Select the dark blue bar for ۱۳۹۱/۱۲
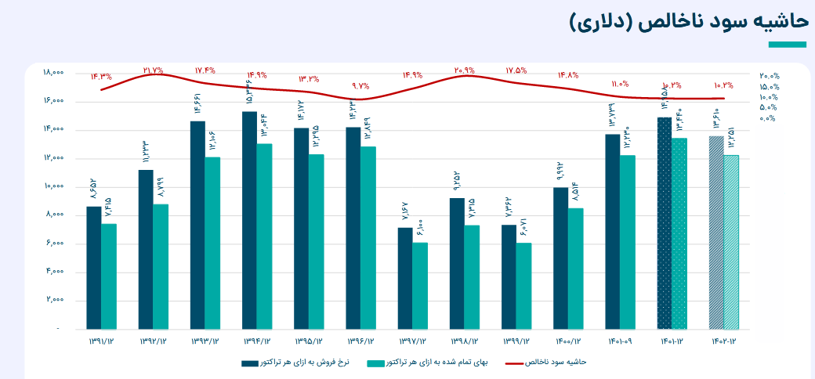point(94,267)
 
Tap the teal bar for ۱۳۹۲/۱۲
point(161,266)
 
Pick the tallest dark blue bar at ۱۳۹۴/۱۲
point(249,220)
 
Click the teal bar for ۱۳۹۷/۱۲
point(420,285)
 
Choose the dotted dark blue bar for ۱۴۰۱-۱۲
point(665,223)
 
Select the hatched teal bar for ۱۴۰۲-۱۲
point(731,242)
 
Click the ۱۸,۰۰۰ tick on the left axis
point(53,73)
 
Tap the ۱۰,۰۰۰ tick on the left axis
point(53,187)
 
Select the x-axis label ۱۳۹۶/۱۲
point(360,341)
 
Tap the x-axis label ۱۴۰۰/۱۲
point(569,341)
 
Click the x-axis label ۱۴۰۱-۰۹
point(621,341)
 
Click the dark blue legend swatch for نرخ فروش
point(251,363)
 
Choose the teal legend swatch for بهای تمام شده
point(377,363)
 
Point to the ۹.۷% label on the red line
point(360,86)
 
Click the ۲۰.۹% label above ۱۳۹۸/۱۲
point(465,70)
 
